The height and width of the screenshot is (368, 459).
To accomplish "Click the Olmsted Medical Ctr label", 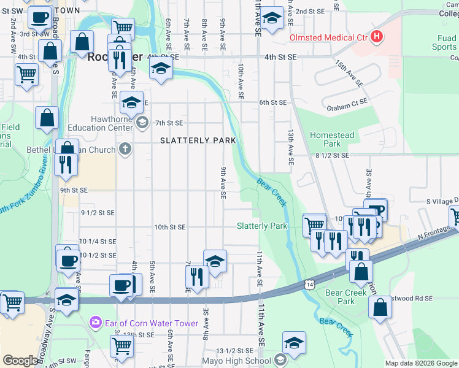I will [x=328, y=37].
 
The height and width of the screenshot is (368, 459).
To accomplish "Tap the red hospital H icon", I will [x=377, y=37].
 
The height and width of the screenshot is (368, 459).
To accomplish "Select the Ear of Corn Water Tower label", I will [x=152, y=323].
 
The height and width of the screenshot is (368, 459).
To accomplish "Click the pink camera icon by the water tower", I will [x=95, y=322].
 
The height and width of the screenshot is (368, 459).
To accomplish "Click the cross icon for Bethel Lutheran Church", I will [x=125, y=149].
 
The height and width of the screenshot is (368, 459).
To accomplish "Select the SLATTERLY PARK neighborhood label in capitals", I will [x=198, y=140].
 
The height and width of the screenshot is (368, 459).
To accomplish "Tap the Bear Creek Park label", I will [x=341, y=297].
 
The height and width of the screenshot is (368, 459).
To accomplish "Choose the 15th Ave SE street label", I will [x=349, y=73].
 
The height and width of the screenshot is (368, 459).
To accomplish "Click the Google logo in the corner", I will [x=20, y=361].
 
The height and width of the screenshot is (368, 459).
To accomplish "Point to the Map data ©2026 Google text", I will [x=420, y=363].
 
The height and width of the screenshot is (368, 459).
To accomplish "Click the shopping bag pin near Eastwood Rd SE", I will [x=380, y=307].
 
